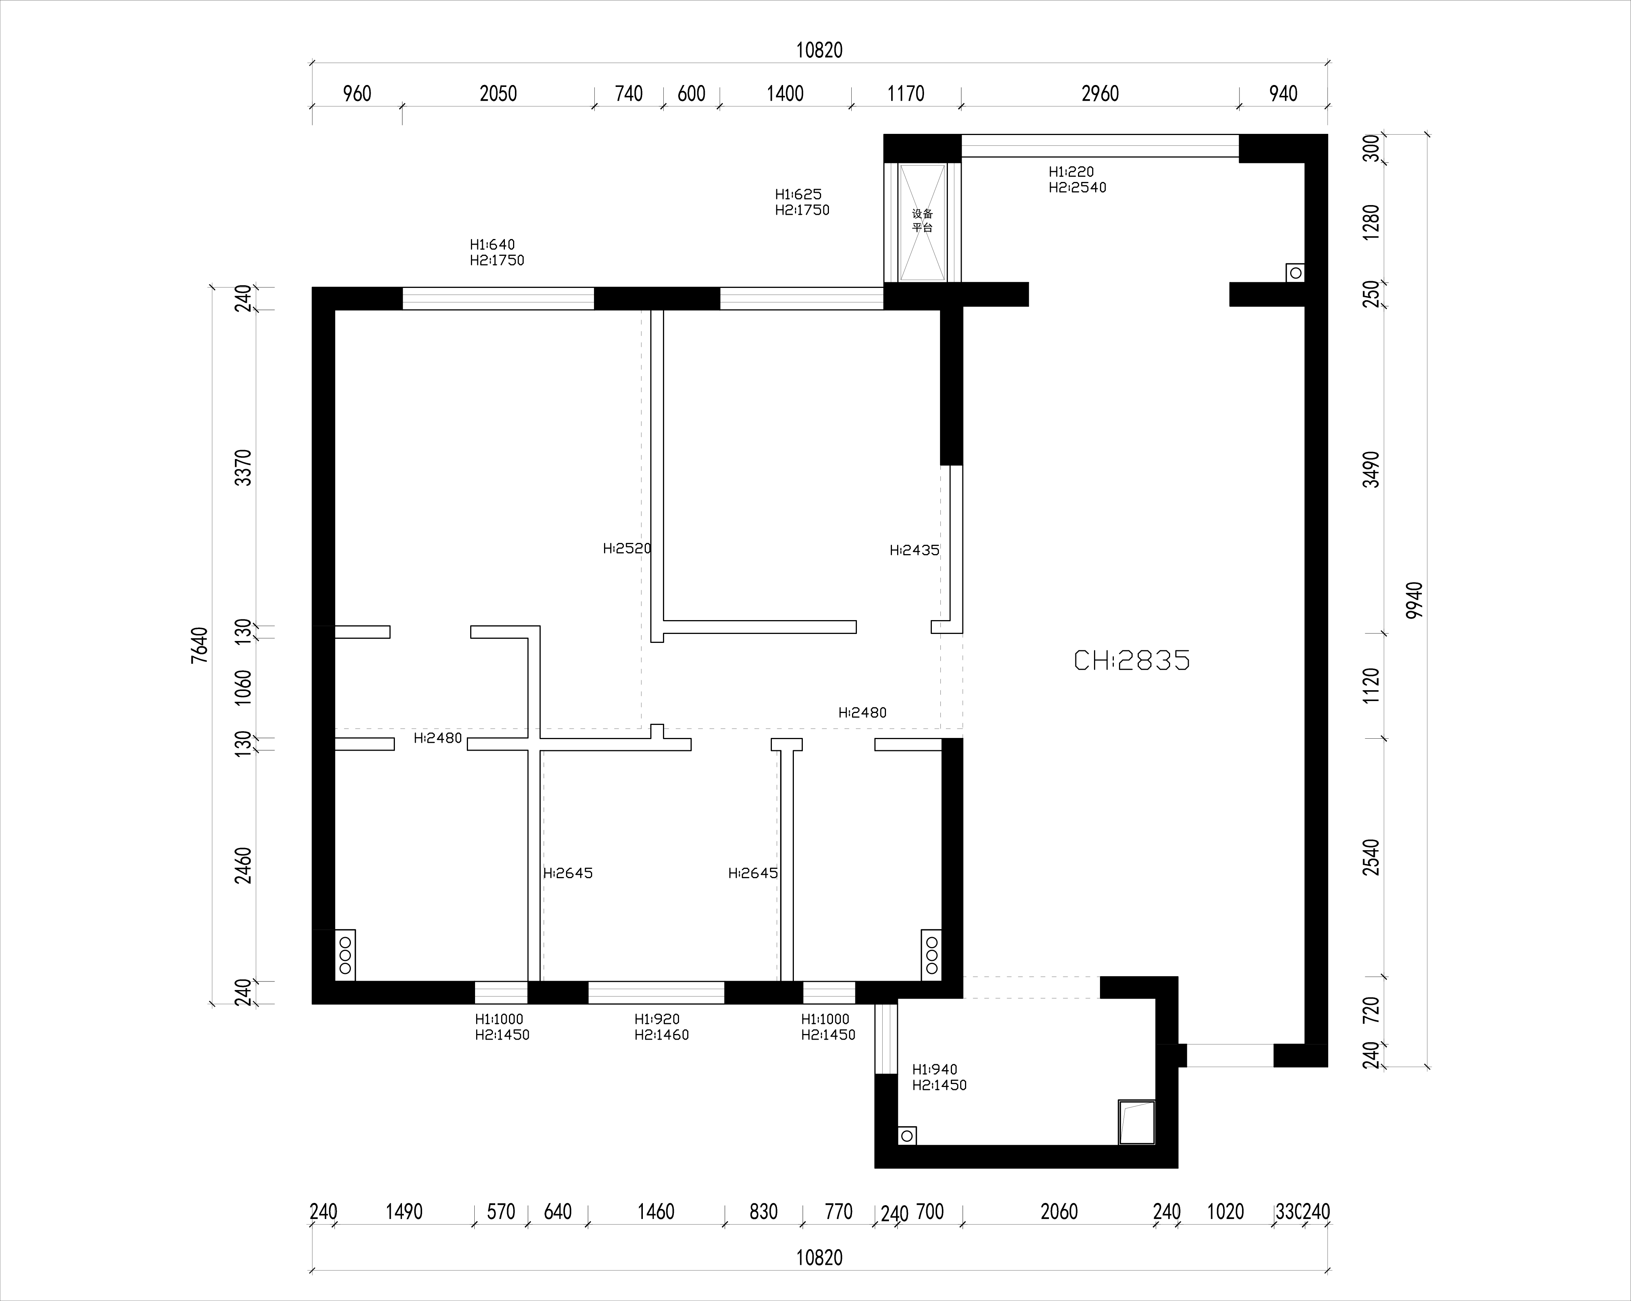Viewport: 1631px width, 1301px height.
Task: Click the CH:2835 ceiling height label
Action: point(1132,661)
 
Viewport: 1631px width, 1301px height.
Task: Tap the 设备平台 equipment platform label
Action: point(922,220)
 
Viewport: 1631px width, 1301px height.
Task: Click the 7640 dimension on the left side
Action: point(199,645)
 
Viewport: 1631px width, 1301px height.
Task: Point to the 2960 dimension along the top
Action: point(1100,94)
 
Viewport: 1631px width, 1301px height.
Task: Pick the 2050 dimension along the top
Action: point(498,94)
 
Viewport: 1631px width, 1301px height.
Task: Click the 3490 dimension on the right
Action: point(1371,469)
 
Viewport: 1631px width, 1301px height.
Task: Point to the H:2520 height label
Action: point(627,549)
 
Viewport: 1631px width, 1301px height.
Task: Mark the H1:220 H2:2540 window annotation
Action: point(1077,179)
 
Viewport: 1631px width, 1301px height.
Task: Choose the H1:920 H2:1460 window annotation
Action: point(661,1027)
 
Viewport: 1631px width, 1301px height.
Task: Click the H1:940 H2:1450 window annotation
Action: point(939,1077)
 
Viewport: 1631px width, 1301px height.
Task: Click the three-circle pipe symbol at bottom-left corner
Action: point(345,955)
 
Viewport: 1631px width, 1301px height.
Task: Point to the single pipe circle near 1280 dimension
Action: point(1295,272)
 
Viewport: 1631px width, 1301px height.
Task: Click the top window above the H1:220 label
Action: point(1100,146)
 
